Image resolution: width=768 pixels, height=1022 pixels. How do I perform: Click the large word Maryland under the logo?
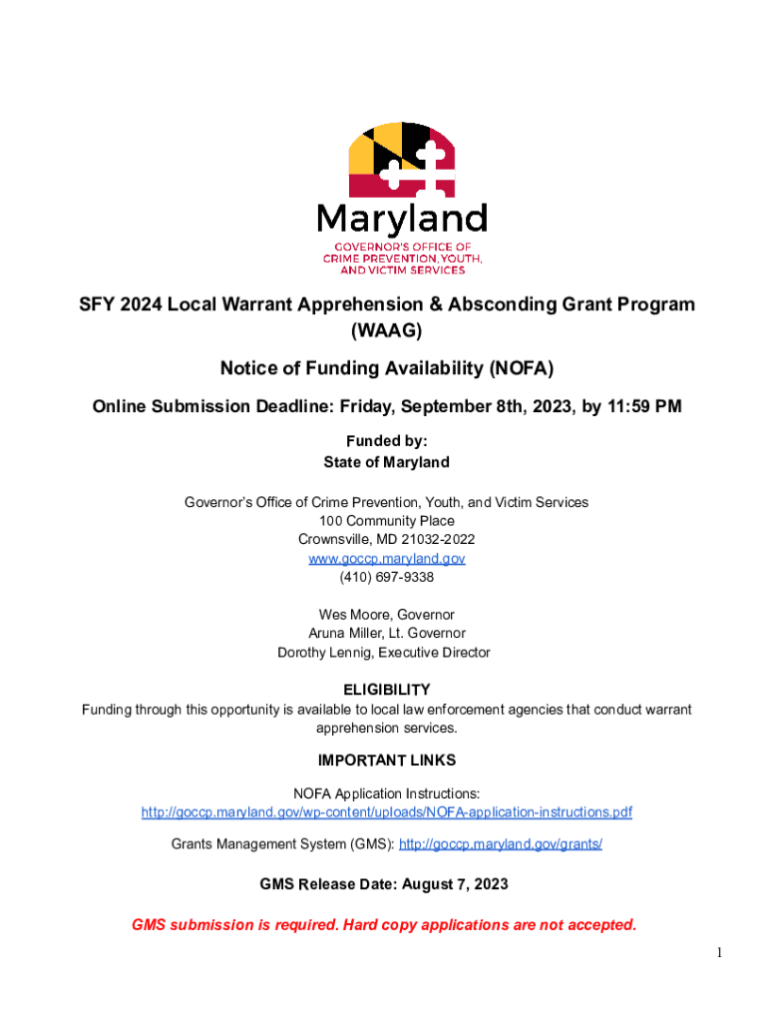[401, 218]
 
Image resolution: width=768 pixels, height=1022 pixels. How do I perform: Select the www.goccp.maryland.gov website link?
[387, 559]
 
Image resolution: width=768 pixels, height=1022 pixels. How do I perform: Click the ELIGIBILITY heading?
[387, 690]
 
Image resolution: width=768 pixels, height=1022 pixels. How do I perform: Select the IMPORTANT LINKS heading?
[387, 761]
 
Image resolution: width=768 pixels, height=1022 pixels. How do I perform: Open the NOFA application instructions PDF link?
[387, 812]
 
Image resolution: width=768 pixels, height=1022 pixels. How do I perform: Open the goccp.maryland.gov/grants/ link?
[501, 844]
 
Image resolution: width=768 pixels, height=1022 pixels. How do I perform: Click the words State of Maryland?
[387, 462]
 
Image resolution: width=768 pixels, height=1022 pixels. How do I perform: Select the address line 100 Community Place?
[387, 521]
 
